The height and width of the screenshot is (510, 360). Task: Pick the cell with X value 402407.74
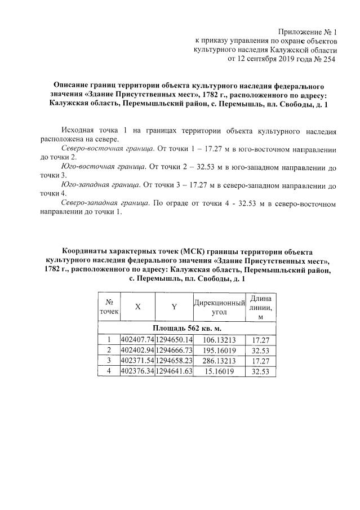coord(137,340)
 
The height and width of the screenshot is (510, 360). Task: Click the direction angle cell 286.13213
coord(219,361)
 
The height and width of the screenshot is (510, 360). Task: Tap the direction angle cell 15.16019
coord(219,372)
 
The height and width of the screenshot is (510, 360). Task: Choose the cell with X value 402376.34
coord(137,372)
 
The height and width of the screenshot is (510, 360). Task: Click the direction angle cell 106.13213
coord(219,340)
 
